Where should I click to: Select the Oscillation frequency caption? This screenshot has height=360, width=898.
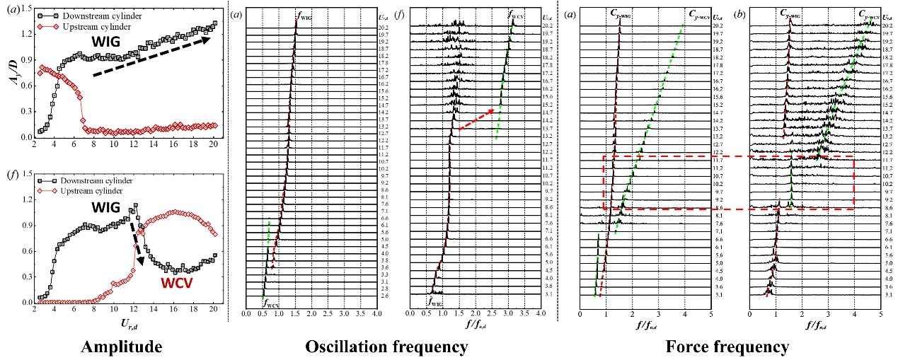click(386, 347)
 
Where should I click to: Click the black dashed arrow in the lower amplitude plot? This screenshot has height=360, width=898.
click(135, 240)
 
